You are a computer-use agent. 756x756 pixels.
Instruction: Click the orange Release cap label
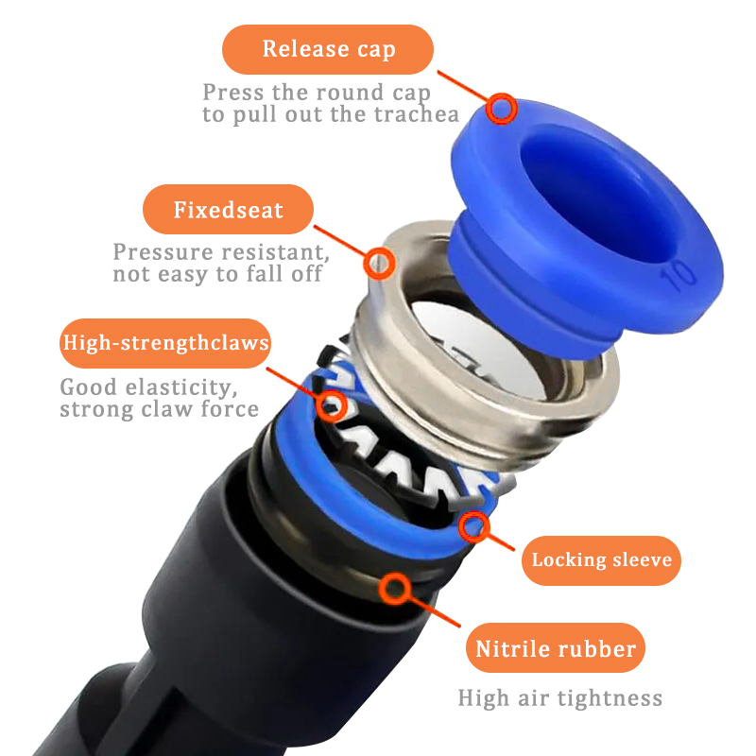327,49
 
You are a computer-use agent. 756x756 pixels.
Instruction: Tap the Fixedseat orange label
228,210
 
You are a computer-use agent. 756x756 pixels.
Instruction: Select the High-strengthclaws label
164,343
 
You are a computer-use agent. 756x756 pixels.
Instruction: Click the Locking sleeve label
601,559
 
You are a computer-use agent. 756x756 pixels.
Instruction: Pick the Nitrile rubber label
556,649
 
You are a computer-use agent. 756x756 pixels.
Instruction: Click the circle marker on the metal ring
380,262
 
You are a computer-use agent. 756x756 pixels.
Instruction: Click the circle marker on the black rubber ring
393,590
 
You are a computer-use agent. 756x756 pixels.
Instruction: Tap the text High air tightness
559,698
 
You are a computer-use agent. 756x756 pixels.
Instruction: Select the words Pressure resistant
221,253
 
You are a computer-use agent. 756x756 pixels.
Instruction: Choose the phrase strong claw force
159,409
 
